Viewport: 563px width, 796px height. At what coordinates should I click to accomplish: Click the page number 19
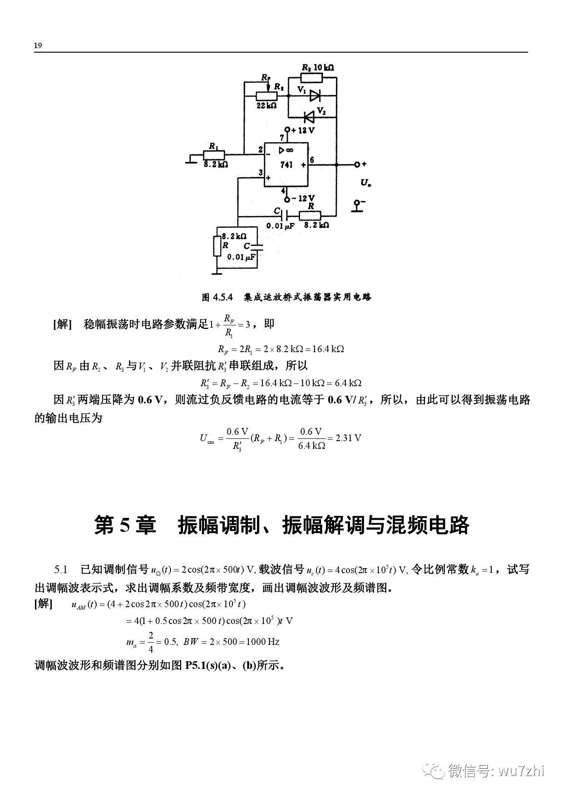point(38,45)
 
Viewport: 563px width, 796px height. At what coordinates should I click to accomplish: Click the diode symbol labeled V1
point(315,95)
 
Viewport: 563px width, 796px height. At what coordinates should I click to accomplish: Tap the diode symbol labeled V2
point(309,118)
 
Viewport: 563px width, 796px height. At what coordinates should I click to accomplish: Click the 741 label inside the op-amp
point(286,165)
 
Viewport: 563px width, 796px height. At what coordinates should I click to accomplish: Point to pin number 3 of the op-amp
point(261,172)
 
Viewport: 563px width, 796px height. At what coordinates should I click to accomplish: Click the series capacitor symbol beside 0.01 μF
point(286,215)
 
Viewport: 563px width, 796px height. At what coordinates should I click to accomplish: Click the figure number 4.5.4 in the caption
point(223,297)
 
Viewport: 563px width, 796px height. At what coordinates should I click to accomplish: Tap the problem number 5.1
point(61,570)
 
